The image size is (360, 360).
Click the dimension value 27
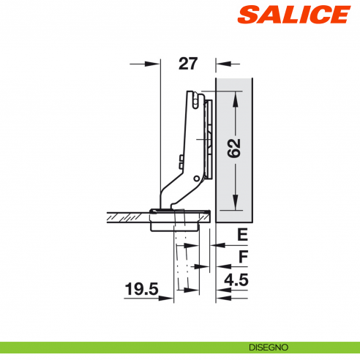pyautogui.click(x=188, y=64)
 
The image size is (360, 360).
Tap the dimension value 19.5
pyautogui.click(x=142, y=290)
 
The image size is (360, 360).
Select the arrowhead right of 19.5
pyautogui.click(x=170, y=298)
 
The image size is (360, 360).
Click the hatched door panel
pyautogui.click(x=128, y=216)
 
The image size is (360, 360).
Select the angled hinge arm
pyautogui.click(x=176, y=183)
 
